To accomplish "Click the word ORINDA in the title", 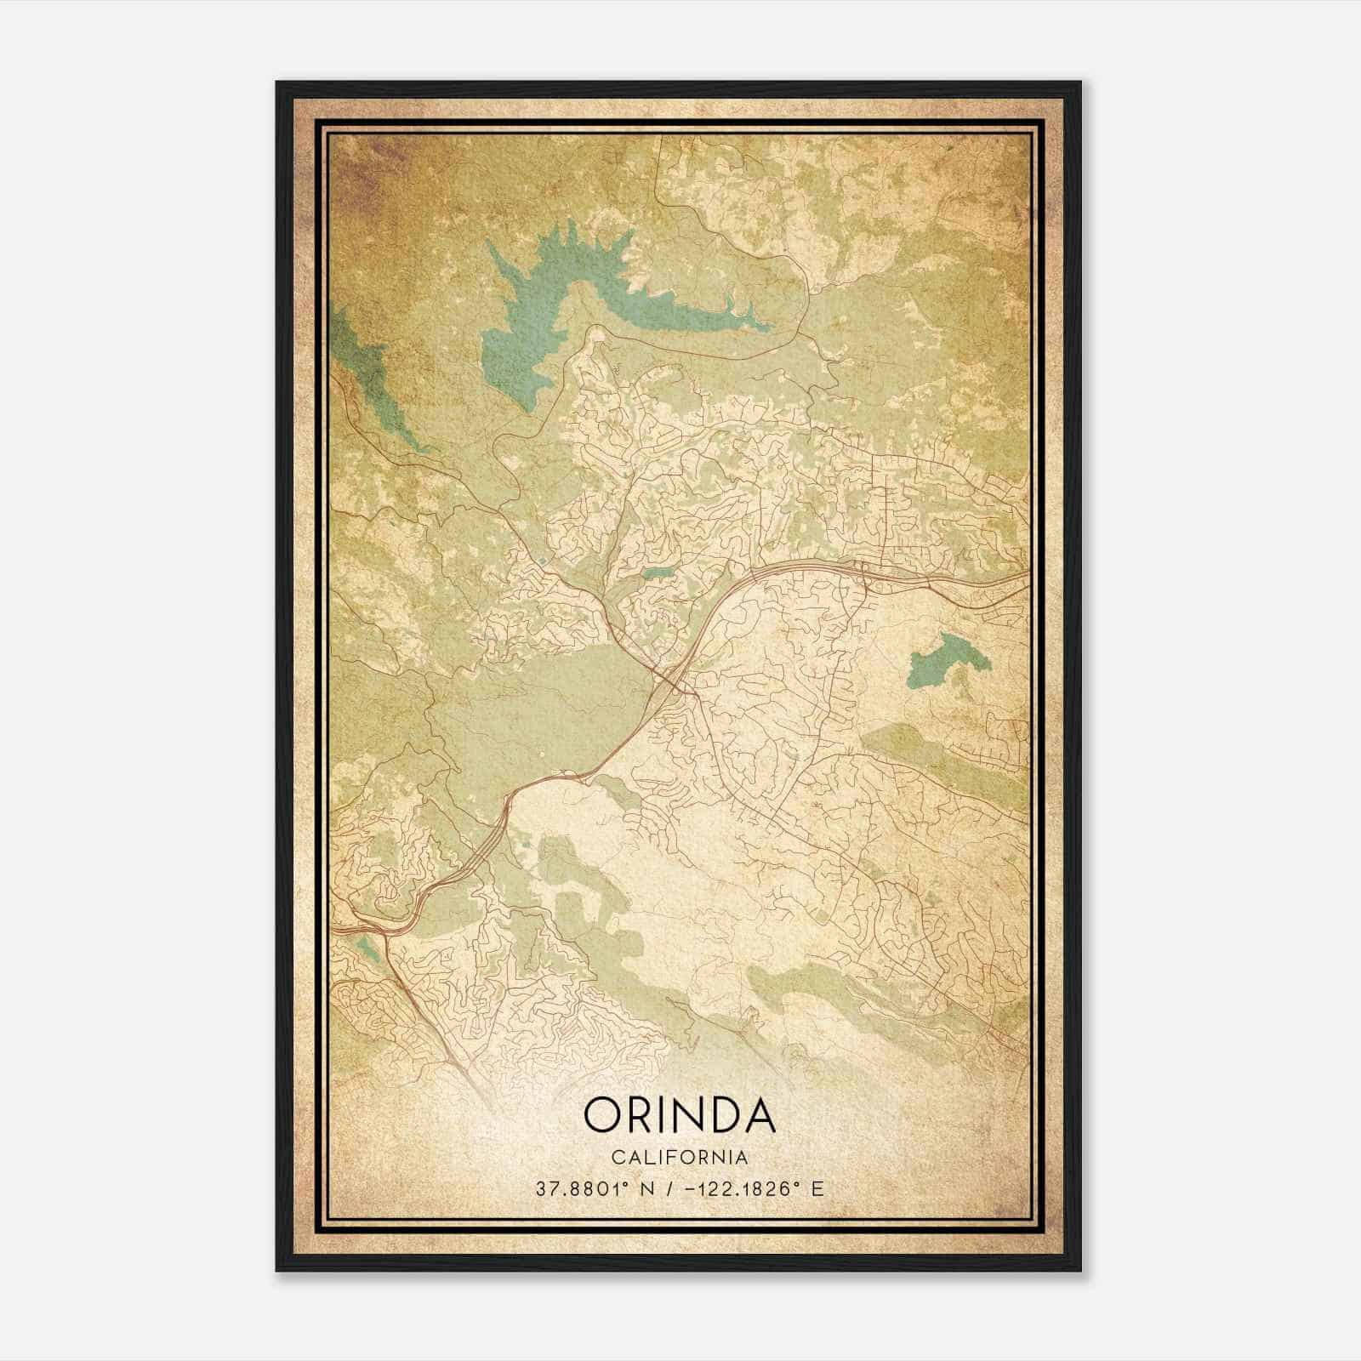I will [680, 1115].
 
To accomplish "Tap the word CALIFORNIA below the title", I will [680, 1157].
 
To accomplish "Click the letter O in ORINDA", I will [602, 1115].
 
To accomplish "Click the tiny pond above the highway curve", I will [656, 573].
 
